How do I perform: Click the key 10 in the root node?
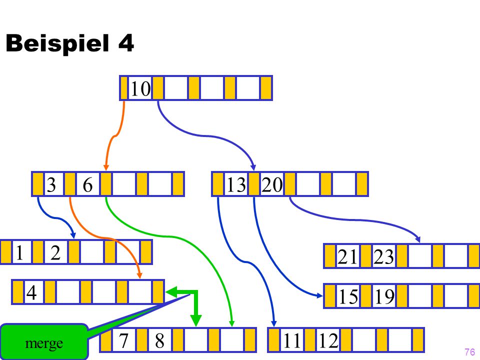pyautogui.click(x=140, y=89)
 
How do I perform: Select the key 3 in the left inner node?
pyautogui.click(x=51, y=184)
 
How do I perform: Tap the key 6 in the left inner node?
pyautogui.click(x=87, y=184)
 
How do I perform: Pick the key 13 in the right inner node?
pyautogui.click(x=236, y=184)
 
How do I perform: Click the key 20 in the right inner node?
pyautogui.click(x=272, y=184)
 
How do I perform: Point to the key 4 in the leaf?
pyautogui.click(x=31, y=292)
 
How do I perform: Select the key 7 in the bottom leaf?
pyautogui.click(x=123, y=340)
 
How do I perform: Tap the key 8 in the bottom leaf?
pyautogui.click(x=159, y=340)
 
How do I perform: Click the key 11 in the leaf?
pyautogui.click(x=291, y=340)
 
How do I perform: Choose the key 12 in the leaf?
pyautogui.click(x=328, y=340)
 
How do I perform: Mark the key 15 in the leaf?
pyautogui.click(x=348, y=296)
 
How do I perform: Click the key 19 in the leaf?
pyautogui.click(x=384, y=296)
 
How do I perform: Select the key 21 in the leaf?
pyautogui.click(x=347, y=256)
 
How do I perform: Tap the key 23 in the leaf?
pyautogui.click(x=384, y=256)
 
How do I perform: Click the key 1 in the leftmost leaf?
pyautogui.click(x=19, y=253)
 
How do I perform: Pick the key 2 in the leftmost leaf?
pyautogui.click(x=55, y=253)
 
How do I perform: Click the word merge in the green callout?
pyautogui.click(x=44, y=343)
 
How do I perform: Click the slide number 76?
pyautogui.click(x=469, y=351)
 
